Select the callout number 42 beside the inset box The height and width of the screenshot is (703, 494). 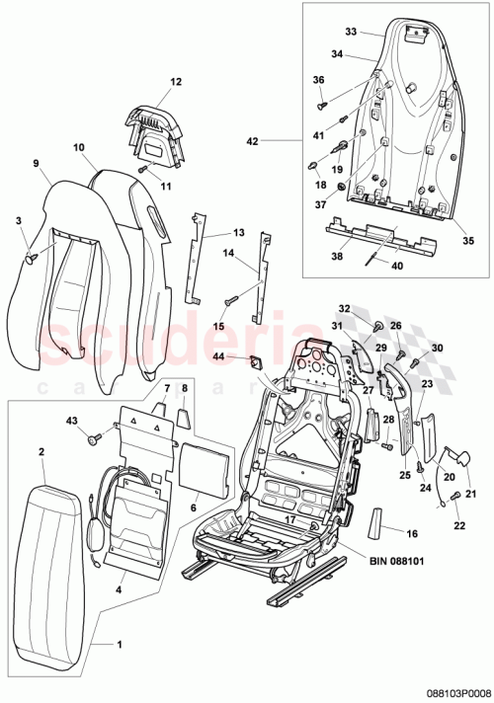[x=253, y=141]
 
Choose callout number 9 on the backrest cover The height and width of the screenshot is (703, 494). [x=36, y=163]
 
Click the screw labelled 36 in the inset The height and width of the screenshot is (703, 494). [x=323, y=100]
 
